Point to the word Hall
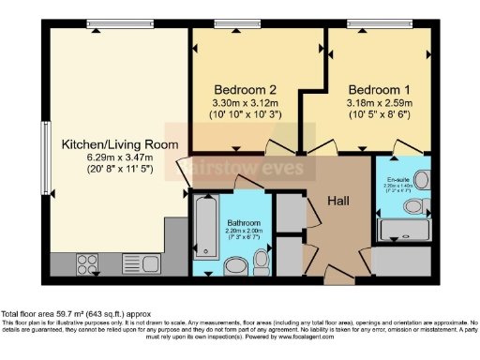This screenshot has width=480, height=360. (338, 201)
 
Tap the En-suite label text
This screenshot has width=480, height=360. (397, 178)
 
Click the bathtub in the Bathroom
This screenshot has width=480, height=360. (205, 230)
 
